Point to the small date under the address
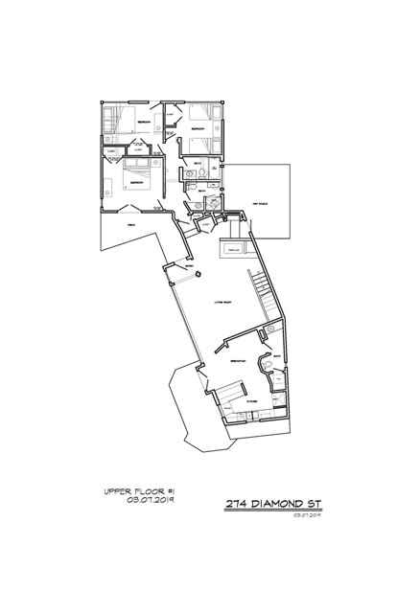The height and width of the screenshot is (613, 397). click(x=306, y=514)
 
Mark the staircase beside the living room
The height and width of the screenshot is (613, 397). click(x=261, y=287)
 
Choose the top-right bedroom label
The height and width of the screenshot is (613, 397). click(x=199, y=127)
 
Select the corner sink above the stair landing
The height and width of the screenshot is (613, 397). click(x=214, y=204)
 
